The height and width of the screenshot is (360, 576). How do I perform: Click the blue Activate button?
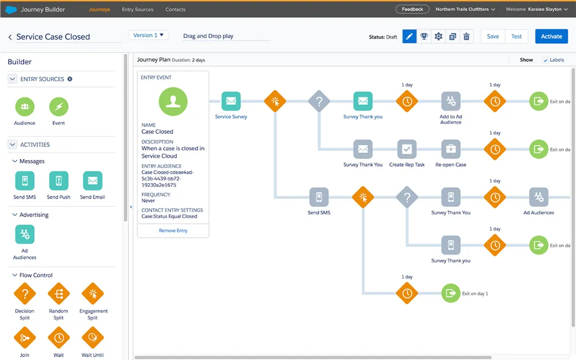point(551,36)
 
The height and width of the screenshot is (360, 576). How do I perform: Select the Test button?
point(516,36)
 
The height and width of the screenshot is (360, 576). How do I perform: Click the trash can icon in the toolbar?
point(466,36)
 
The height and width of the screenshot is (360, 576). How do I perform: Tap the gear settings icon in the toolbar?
point(438,36)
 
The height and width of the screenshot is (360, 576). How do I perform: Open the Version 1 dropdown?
point(149,35)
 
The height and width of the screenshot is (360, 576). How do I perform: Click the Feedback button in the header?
point(412,9)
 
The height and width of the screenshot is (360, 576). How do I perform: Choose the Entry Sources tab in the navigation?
point(138,10)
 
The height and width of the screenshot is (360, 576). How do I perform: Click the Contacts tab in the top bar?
point(175,10)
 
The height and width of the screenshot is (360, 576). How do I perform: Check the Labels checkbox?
point(545,60)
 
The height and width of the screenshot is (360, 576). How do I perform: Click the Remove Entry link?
point(173,231)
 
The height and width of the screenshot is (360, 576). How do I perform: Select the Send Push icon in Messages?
point(58,181)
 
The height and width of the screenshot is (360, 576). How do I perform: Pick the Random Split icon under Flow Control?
point(58,294)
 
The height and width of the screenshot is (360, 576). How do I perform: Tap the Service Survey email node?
point(231,101)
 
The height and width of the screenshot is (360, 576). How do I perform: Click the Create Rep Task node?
point(407,149)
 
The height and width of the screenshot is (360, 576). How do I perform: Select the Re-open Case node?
point(451,149)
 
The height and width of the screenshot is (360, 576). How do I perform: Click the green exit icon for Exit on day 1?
point(451,293)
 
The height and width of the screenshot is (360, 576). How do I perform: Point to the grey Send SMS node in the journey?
point(319,197)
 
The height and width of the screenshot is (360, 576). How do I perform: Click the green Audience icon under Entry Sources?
point(25,107)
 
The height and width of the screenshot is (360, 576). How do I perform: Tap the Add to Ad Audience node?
point(451,101)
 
